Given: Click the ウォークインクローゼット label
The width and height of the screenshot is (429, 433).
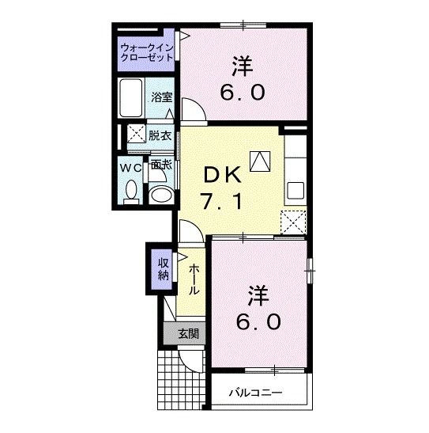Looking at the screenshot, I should [148, 51].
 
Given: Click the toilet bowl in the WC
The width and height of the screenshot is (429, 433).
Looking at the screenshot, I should [131, 191].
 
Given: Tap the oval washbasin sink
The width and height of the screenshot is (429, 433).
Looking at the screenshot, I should [161, 196].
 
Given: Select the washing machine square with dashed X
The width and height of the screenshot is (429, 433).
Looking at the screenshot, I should [134, 134].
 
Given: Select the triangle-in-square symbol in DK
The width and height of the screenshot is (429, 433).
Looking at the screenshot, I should [259, 161].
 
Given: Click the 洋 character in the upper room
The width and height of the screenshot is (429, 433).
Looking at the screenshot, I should [243, 63].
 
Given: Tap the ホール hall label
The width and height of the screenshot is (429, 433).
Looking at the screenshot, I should [194, 279].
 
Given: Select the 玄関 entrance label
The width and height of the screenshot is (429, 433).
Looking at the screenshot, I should [186, 334].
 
